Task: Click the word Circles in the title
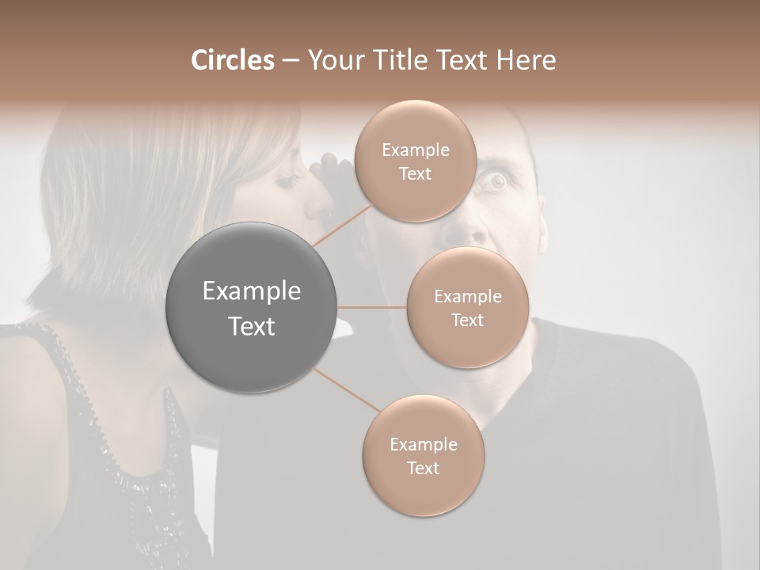[x=233, y=60]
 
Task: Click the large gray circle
[x=252, y=307]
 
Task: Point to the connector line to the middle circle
[x=372, y=306]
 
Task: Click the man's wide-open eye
[x=496, y=183]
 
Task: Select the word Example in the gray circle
[x=252, y=291]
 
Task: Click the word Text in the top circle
[x=415, y=174]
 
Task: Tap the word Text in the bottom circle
[x=423, y=468]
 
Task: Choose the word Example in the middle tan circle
[x=468, y=297]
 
